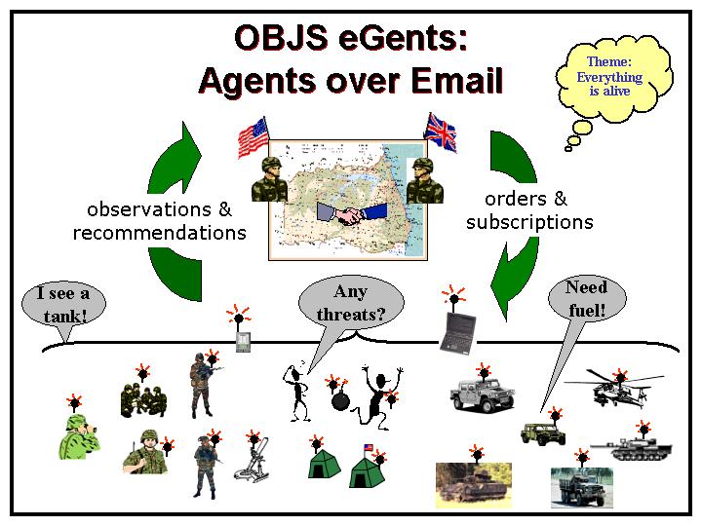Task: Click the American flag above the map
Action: point(253,137)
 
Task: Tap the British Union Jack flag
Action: point(441,131)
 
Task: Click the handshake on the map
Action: point(351,214)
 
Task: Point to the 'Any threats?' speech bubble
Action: point(351,304)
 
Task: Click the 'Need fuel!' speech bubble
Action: point(586,299)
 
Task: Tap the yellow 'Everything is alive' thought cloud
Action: point(613,78)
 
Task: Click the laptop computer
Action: point(458,333)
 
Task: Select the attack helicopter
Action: point(613,389)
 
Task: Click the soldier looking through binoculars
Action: point(79,436)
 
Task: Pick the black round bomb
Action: point(340,399)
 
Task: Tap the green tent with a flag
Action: point(368,468)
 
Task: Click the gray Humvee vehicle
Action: point(482,394)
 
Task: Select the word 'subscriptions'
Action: point(529,222)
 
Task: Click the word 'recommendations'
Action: point(159,233)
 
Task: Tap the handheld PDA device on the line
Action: point(243,342)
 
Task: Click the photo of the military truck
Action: point(581,488)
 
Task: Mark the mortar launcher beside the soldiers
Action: point(253,461)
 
